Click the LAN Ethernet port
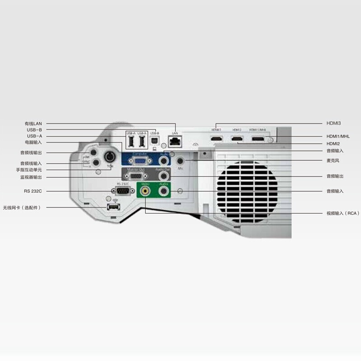pos(175,141)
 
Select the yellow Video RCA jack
pos(145,191)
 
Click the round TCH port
pos(109,157)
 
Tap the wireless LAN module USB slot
pos(113,207)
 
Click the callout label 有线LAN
pos(33,123)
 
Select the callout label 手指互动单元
pos(29,170)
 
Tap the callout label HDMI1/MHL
pos(338,136)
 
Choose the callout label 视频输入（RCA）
pos(343,213)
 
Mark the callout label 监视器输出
pos(31,177)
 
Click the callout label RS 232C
pos(33,191)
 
